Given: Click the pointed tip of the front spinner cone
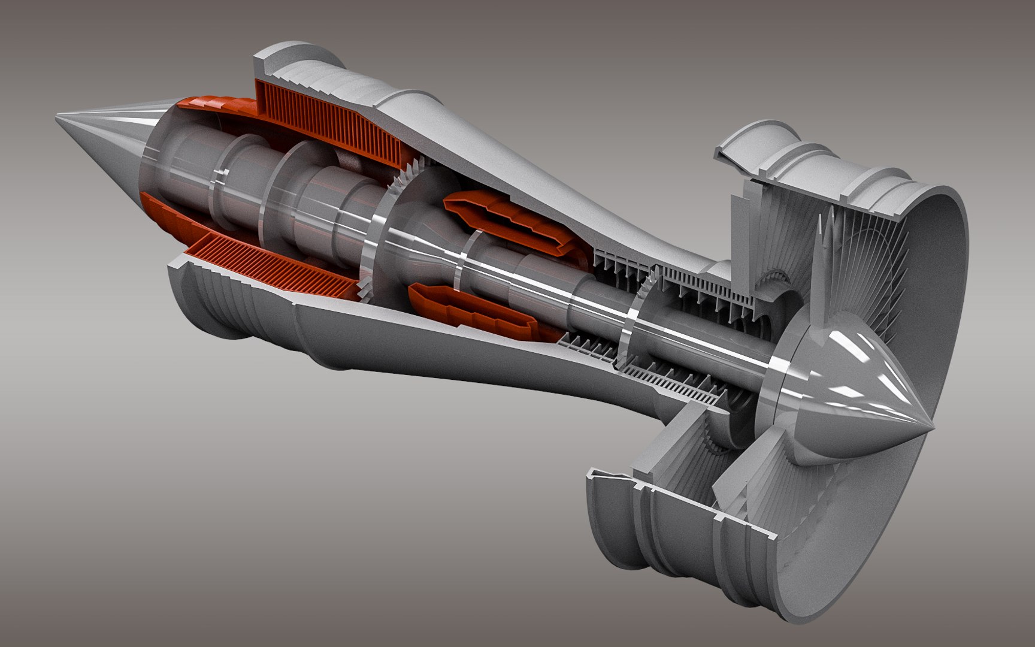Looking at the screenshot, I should [932, 428].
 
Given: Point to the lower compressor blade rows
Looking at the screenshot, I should [659, 371].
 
